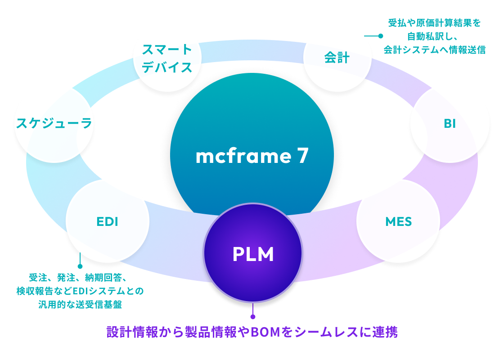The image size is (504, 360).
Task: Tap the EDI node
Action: coord(107,221)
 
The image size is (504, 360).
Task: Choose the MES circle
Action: coord(398,221)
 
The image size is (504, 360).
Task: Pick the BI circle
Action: coord(450,124)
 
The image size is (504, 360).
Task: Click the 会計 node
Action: coord(337,58)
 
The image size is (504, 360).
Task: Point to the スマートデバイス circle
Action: coord(167,58)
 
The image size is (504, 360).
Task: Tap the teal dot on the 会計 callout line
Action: coord(380,36)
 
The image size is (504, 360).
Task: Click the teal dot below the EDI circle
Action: coord(80,266)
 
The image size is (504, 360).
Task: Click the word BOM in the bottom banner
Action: coord(265,332)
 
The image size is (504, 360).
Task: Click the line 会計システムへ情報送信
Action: coord(434,49)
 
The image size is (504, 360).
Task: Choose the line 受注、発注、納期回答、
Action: coord(80,277)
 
